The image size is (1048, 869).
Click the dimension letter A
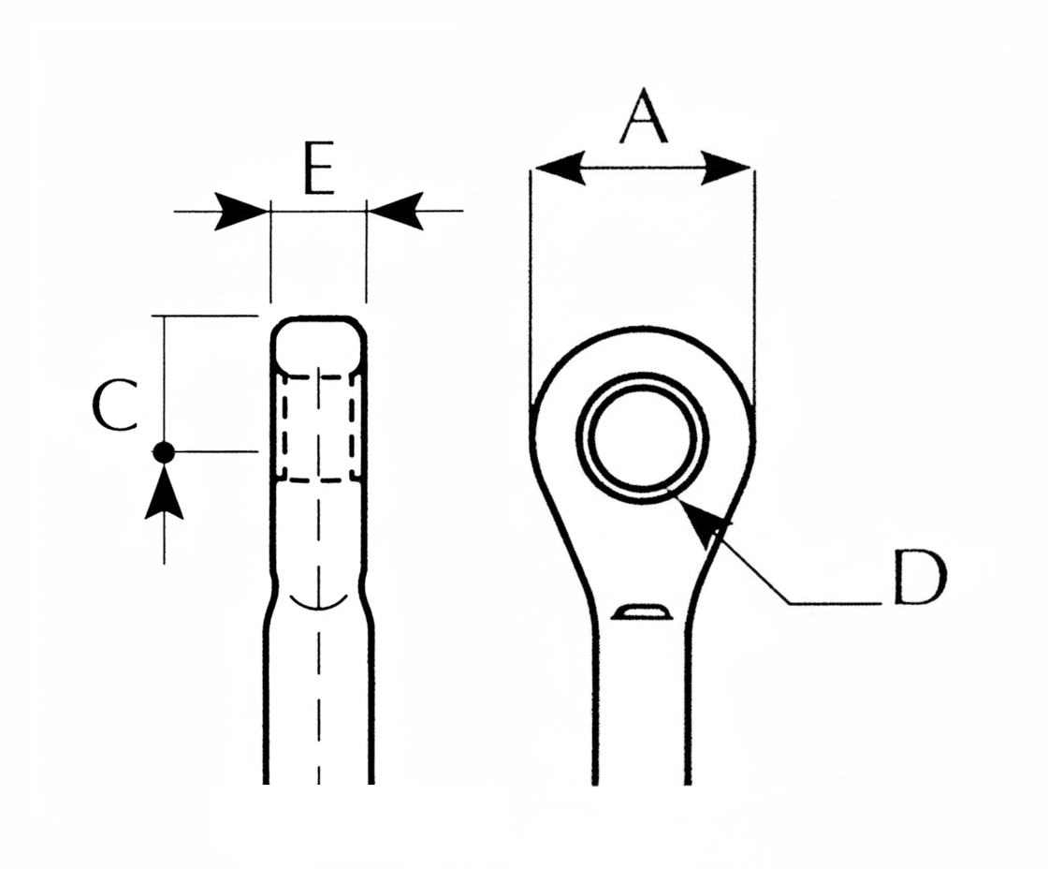tap(643, 116)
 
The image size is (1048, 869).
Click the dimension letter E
tap(319, 169)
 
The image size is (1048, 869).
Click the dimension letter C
tap(115, 405)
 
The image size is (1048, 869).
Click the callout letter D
tap(920, 578)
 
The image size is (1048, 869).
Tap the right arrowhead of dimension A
tap(726, 168)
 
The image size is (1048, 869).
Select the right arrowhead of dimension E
tap(396, 212)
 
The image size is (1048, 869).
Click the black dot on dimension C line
tap(164, 452)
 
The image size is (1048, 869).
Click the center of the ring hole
tap(642, 438)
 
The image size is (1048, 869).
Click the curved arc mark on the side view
tap(319, 601)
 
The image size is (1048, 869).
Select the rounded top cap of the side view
tap(318, 345)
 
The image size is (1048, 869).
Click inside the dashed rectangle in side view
tap(319, 428)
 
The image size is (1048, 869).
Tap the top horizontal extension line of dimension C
tap(205, 316)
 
